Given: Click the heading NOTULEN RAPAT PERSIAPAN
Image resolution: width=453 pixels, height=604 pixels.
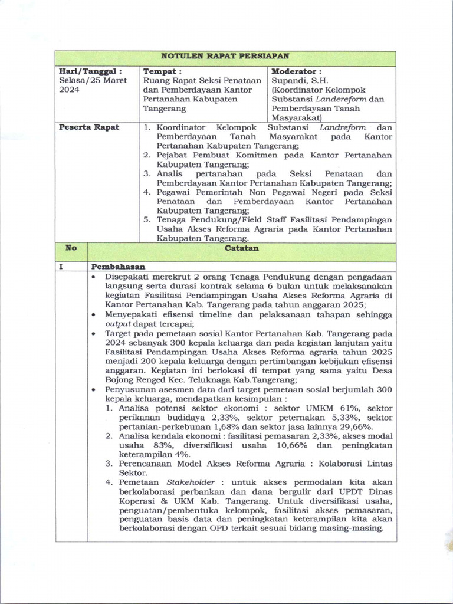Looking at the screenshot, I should tap(225, 57).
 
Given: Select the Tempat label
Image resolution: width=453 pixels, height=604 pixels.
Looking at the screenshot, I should tap(163, 71).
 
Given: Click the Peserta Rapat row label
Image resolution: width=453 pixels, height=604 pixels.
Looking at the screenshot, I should tap(89, 127).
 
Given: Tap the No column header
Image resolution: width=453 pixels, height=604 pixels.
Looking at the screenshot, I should tap(71, 248).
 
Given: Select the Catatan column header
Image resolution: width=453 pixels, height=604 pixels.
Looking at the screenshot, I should tap(242, 249).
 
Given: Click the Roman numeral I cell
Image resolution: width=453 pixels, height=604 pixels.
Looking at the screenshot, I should tap(61, 267).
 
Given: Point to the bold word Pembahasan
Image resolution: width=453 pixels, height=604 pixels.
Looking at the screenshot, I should tap(119, 267).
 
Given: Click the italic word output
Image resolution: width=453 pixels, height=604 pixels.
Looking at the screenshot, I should tap(117, 324).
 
